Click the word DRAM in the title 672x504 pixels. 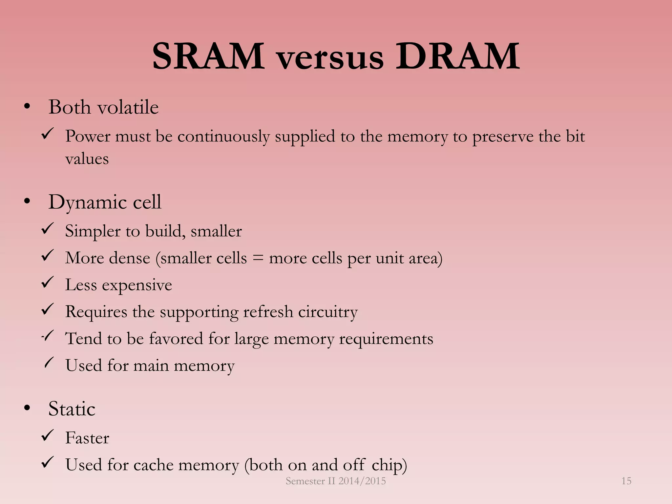tap(457, 56)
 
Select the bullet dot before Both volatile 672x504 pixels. tap(27, 107)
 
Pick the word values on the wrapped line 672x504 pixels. tap(87, 159)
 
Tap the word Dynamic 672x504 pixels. tap(87, 202)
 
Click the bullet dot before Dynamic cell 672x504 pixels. tap(27, 201)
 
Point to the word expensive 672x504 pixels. tap(137, 285)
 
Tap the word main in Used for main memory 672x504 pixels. tap(151, 366)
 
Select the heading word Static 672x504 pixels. tap(72, 409)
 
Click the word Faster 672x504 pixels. tap(87, 438)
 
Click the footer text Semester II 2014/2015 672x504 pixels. tap(336, 481)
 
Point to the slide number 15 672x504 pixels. tap(626, 481)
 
